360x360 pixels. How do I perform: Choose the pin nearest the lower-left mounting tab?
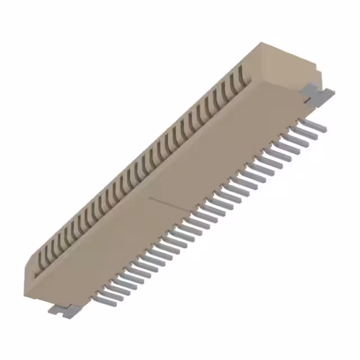click(106, 300)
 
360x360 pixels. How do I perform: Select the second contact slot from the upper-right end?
click(232, 82)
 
